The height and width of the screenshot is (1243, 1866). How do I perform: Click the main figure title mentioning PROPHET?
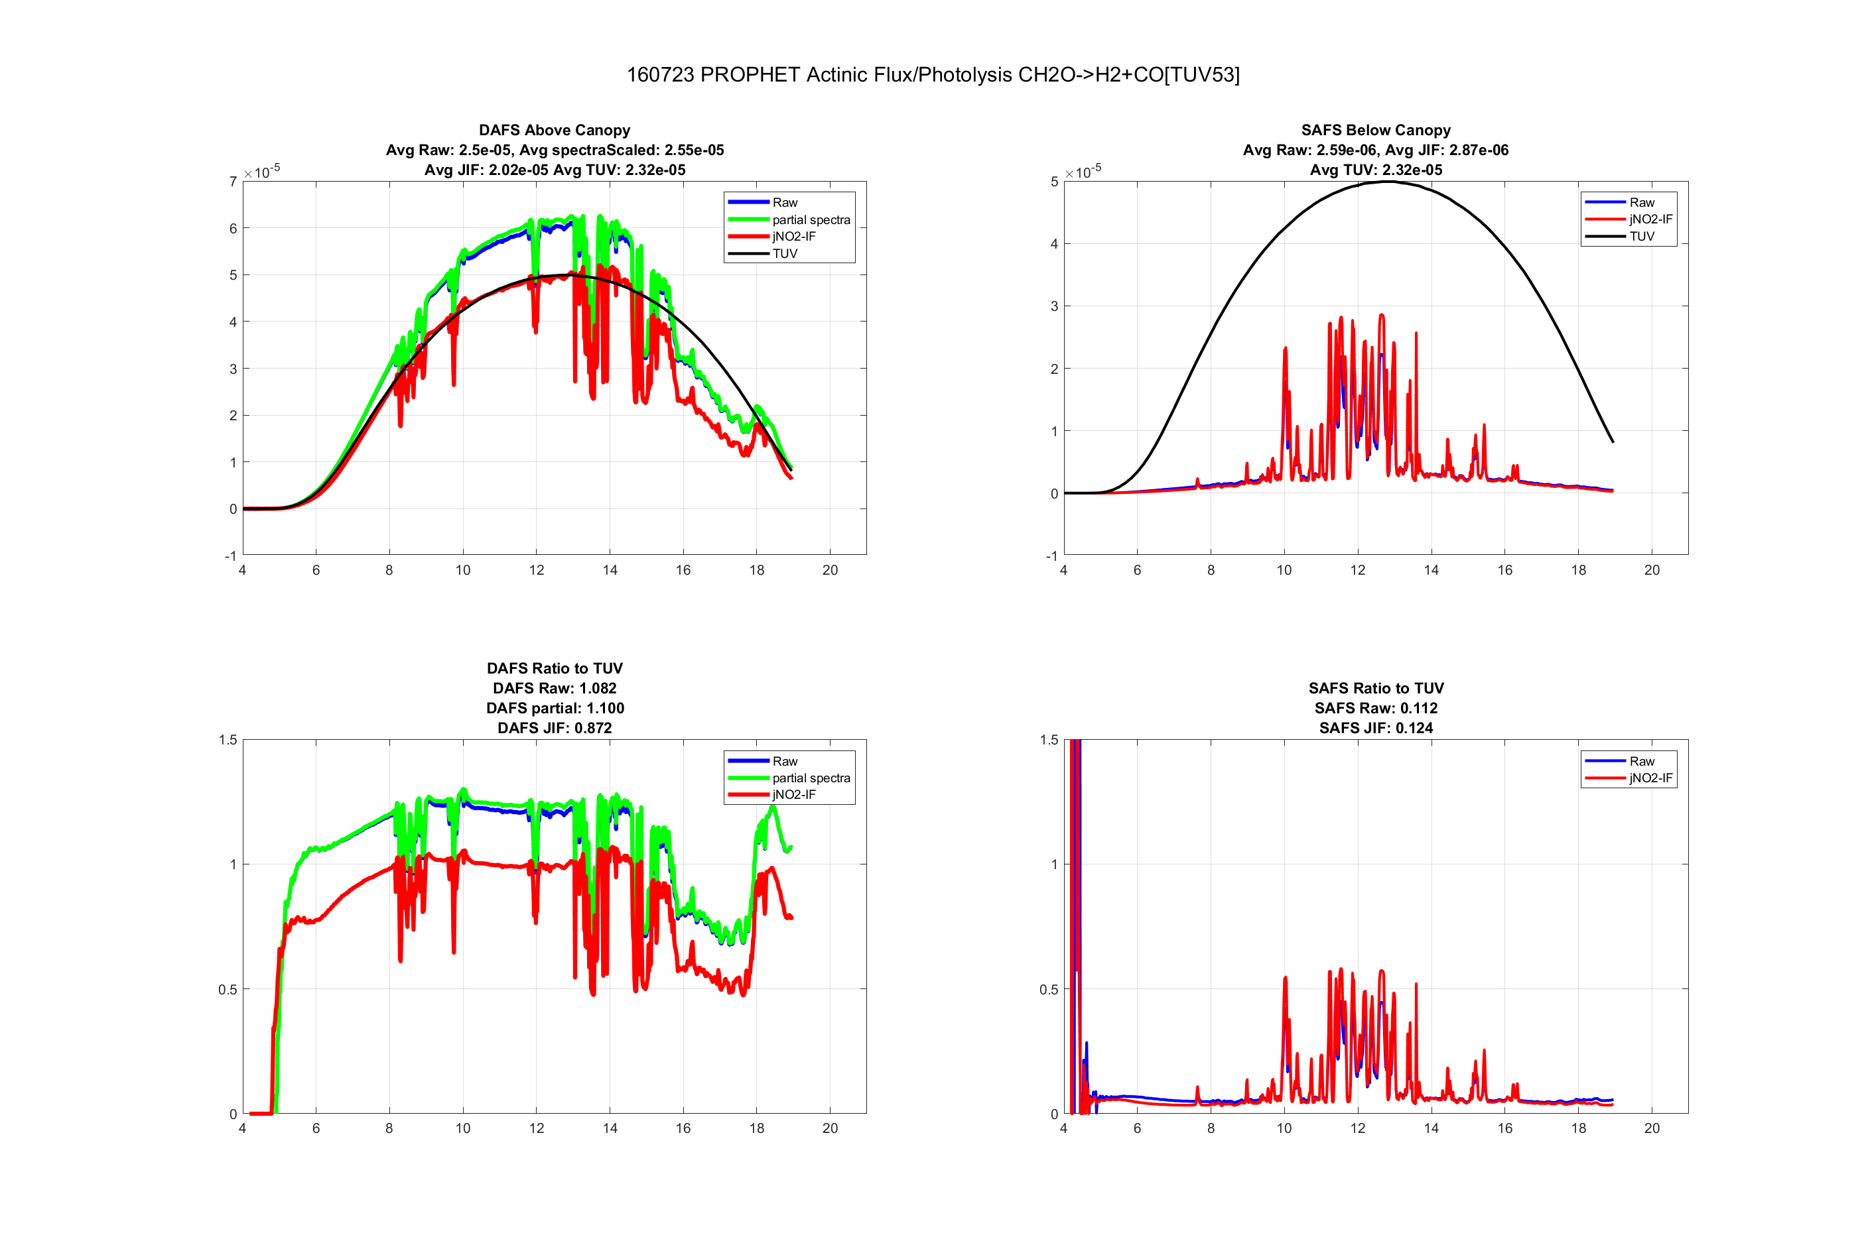(933, 74)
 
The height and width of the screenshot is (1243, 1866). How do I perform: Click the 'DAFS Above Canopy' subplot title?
(555, 130)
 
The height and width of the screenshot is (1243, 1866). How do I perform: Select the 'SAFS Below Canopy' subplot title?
(1375, 130)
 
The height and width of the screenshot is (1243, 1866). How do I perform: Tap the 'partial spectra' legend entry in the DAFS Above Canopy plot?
(811, 219)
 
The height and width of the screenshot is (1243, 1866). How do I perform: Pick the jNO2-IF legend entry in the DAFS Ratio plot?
(793, 794)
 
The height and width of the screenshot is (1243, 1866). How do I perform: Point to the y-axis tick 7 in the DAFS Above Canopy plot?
(233, 182)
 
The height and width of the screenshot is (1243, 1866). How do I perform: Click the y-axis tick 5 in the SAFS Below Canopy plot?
(1054, 182)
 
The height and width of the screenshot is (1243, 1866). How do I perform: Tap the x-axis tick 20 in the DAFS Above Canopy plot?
(829, 570)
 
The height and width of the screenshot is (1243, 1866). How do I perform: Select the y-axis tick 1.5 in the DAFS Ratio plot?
(228, 740)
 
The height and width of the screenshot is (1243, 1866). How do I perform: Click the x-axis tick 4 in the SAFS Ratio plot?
(1063, 1128)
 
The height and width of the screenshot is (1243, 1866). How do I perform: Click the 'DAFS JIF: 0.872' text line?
(555, 728)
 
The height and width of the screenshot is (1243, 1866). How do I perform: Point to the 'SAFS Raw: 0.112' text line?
(1375, 708)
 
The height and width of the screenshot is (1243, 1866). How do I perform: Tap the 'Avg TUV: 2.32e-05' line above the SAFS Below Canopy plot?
(1375, 170)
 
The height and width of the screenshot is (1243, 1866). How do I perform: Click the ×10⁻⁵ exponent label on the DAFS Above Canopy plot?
(262, 171)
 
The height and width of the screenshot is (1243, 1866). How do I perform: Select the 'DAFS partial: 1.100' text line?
(555, 708)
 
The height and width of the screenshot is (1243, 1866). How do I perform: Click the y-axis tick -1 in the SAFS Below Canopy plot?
(1051, 556)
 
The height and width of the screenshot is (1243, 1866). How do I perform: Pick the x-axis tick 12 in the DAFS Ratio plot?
(536, 1128)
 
